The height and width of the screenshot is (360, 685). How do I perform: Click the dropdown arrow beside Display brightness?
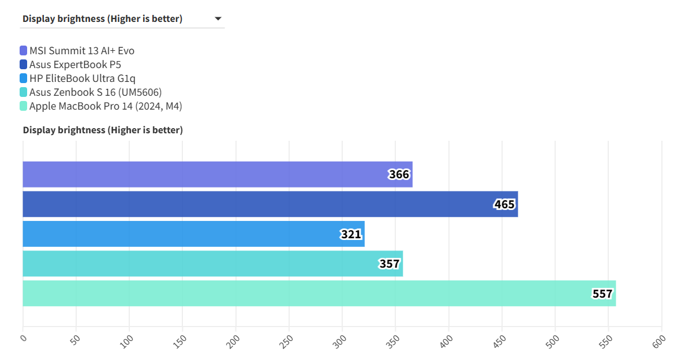click(x=218, y=18)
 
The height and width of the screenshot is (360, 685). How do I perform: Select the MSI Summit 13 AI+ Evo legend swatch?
click(x=23, y=51)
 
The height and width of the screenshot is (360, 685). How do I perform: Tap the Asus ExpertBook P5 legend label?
click(x=75, y=65)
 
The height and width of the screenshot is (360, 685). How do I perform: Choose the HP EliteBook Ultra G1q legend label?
click(x=83, y=78)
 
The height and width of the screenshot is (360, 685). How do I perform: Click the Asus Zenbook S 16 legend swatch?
click(x=23, y=92)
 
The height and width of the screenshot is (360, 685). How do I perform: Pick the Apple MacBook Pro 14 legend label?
click(x=106, y=106)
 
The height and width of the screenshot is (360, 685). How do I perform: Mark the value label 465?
click(x=504, y=204)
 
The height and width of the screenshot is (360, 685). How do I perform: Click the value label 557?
click(x=602, y=294)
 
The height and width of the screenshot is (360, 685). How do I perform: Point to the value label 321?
click(x=351, y=234)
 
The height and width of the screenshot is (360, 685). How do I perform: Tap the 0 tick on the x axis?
click(x=24, y=338)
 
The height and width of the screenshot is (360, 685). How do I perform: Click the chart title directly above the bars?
click(x=103, y=130)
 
